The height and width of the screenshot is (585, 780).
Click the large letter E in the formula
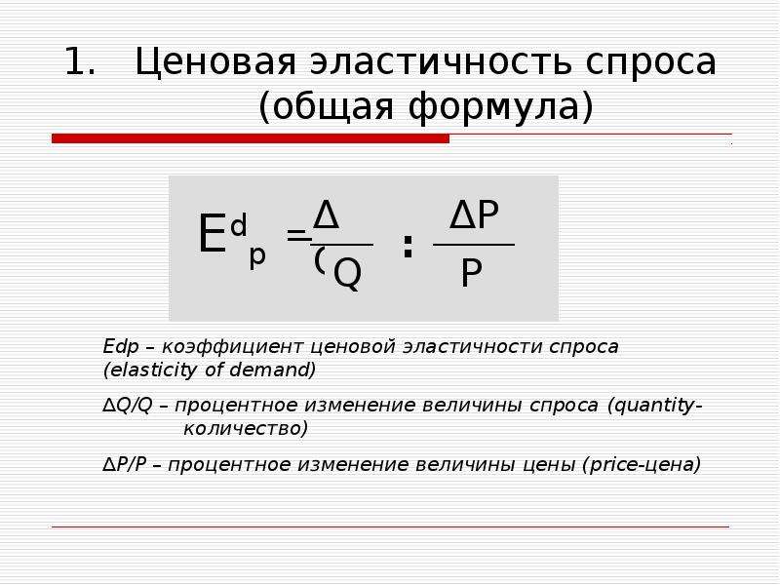(212, 236)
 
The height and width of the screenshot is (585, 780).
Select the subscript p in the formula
(257, 255)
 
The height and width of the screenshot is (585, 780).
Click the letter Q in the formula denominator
(347, 274)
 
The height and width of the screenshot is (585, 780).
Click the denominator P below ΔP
(472, 275)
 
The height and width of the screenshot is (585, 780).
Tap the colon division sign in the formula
(408, 247)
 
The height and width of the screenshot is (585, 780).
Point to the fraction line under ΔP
(474, 245)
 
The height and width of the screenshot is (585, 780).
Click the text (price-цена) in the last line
(641, 463)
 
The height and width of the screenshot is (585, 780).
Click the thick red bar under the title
(251, 139)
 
